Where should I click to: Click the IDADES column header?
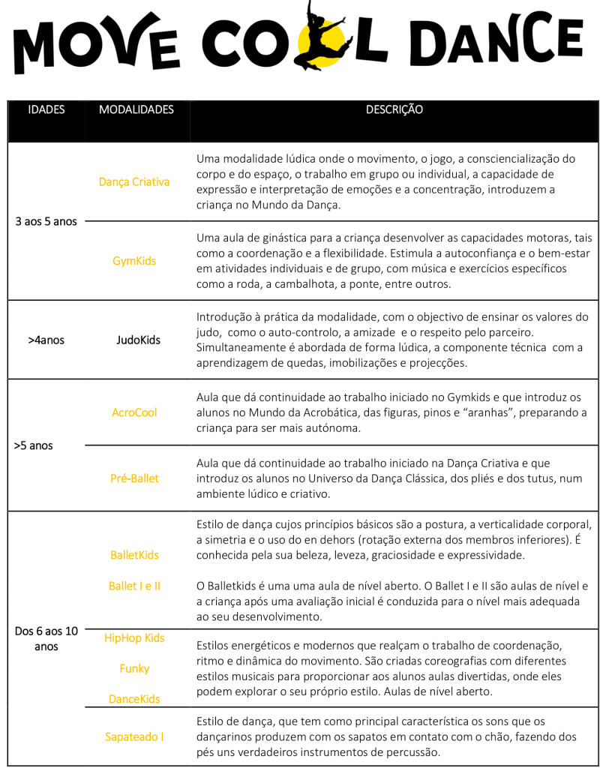(46, 109)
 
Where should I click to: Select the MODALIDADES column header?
(136, 109)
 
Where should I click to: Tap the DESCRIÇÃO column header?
(394, 109)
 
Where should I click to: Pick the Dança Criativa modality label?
(134, 181)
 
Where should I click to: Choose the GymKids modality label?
(134, 261)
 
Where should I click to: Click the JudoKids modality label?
(138, 340)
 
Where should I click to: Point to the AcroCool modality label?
(134, 412)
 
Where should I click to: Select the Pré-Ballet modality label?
(134, 478)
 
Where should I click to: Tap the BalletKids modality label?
(134, 555)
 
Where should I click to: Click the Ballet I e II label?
(134, 586)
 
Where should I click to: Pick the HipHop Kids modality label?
(134, 638)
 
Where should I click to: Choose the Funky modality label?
(134, 668)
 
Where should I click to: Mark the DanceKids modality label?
(134, 699)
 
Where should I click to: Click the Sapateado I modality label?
(134, 736)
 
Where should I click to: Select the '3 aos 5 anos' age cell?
(46, 222)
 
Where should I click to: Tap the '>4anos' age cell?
(46, 340)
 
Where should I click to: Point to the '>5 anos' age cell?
(34, 445)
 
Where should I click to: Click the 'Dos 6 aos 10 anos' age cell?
(46, 638)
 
